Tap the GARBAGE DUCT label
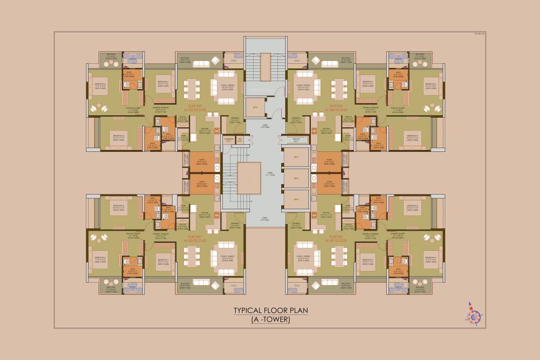click(x=229, y=140)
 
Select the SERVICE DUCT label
click(x=295, y=141)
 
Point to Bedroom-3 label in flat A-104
click(x=412, y=136)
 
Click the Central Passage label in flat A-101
click(x=371, y=233)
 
